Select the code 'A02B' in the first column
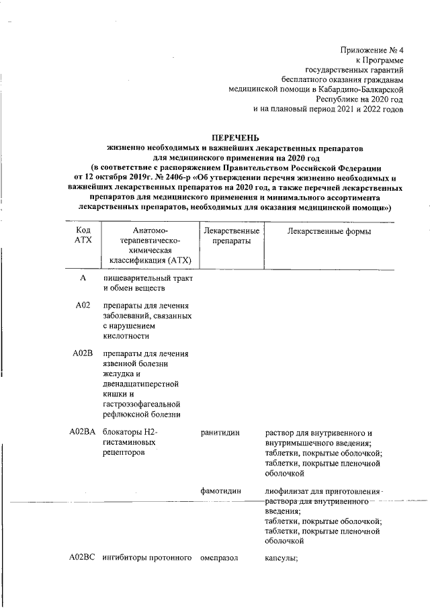pos(83,353)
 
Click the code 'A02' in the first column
pos(83,306)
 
